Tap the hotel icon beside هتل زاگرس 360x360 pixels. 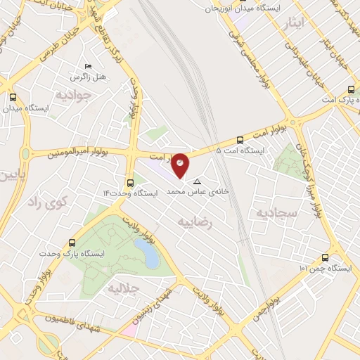[87, 65]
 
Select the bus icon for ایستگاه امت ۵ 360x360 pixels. [240, 139]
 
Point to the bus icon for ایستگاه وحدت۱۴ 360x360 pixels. [130, 181]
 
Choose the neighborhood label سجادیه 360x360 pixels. [276, 212]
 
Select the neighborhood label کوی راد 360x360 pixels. [46, 203]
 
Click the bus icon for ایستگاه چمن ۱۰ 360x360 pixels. [324, 257]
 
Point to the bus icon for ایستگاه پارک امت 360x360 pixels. [352, 89]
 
